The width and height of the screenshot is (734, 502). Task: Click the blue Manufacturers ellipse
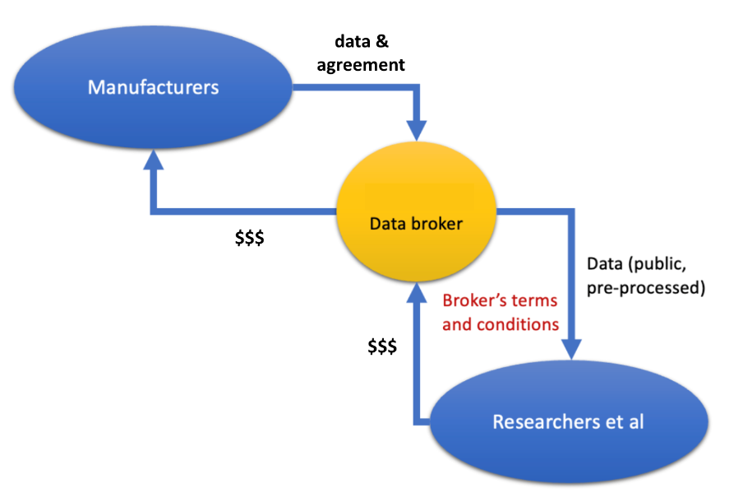[153, 86]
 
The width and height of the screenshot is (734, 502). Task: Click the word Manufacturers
[153, 86]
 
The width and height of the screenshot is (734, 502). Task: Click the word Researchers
[538, 422]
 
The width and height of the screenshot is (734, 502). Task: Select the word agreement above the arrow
[361, 65]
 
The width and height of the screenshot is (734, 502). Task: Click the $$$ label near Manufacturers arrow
[249, 239]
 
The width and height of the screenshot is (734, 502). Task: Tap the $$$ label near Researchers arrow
[381, 346]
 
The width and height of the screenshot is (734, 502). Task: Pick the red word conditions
[518, 324]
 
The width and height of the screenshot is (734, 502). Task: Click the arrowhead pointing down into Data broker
[418, 130]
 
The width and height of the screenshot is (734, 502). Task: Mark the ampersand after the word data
[390, 41]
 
